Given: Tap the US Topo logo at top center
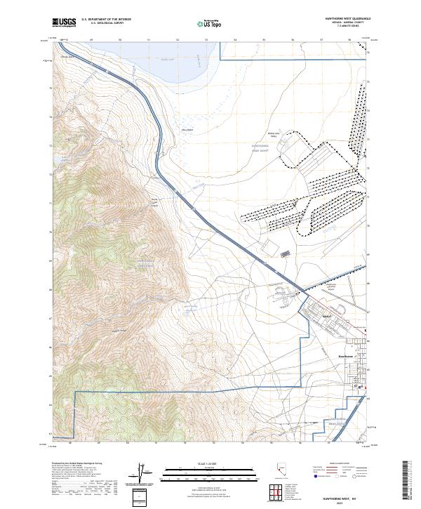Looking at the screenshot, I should [x=210, y=23].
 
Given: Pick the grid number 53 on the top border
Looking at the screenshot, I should [x=206, y=40].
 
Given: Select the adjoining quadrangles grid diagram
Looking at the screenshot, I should [x=276, y=492].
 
